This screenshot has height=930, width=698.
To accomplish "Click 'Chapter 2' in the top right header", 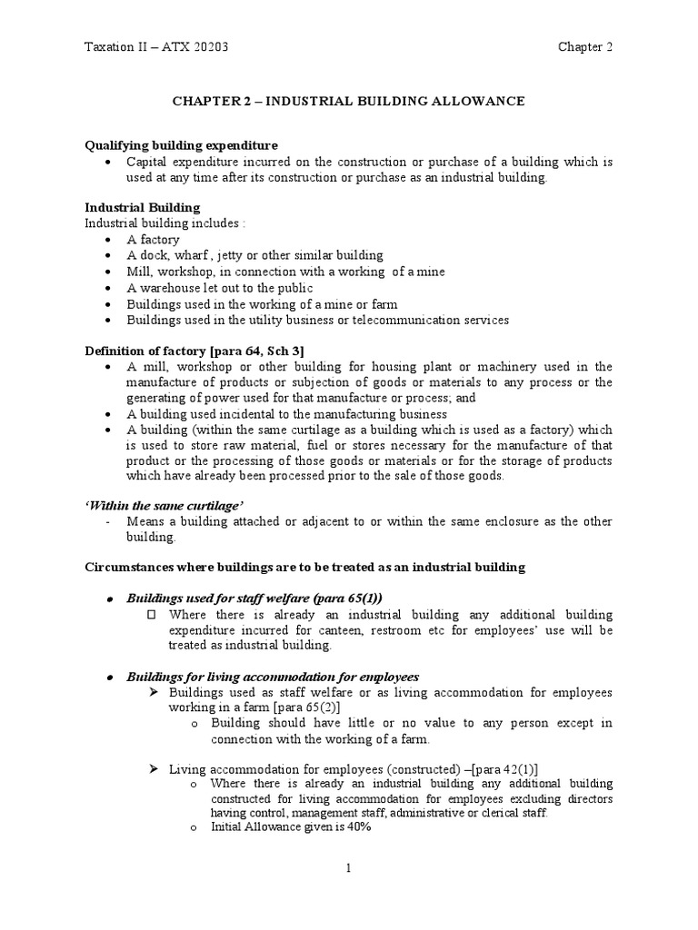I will tap(585, 48).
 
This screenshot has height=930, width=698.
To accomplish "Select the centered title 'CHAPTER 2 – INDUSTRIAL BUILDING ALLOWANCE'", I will tap(349, 101).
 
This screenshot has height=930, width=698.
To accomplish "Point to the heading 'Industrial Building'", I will tap(143, 208).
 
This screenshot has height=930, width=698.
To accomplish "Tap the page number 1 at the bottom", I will tap(348, 869).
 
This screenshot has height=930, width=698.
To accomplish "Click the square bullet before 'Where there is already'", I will tap(152, 614).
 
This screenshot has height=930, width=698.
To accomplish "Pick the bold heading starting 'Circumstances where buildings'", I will tap(304, 567).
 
